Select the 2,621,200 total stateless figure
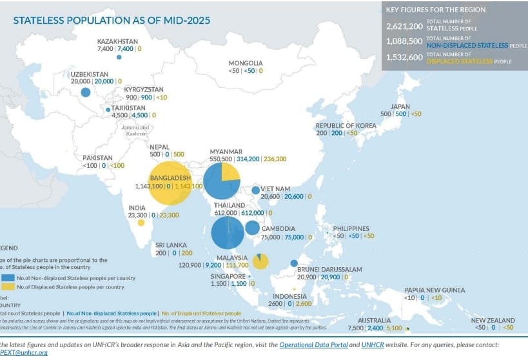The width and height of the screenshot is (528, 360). tap(404, 27)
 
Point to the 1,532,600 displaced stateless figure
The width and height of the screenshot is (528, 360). tap(404, 57)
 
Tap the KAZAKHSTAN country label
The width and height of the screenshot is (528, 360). tap(117, 40)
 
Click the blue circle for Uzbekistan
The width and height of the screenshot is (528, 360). tap(85, 92)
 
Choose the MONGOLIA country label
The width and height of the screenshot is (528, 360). tap(246, 63)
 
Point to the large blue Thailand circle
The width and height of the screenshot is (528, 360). tap(228, 233)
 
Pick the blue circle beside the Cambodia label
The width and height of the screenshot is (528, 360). tap(252, 228)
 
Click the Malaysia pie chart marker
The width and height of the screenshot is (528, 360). tap(260, 261)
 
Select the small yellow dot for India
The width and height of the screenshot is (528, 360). tap(141, 223)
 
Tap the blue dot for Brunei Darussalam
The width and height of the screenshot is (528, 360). tap(294, 263)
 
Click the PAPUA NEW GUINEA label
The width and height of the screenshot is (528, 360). tap(435, 290)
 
